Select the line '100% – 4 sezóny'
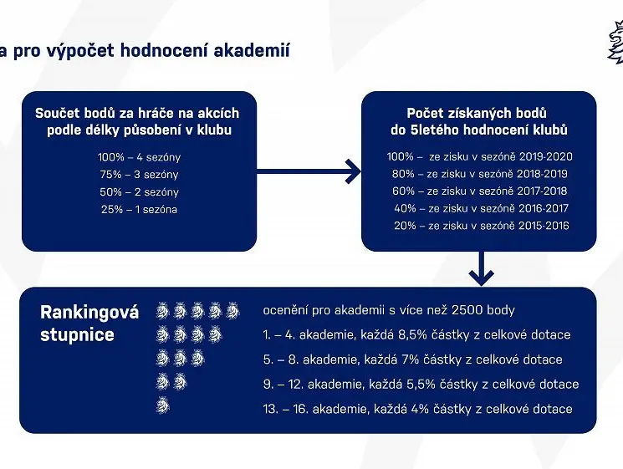point(139,157)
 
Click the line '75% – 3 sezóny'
point(139,175)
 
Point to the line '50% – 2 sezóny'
point(139,191)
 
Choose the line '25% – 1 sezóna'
point(139,209)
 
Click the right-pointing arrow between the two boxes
point(309,171)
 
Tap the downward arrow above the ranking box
point(481,268)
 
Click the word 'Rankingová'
point(89,313)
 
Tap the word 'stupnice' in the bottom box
point(77,334)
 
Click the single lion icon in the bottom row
point(163,405)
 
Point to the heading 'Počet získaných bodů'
point(477,113)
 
